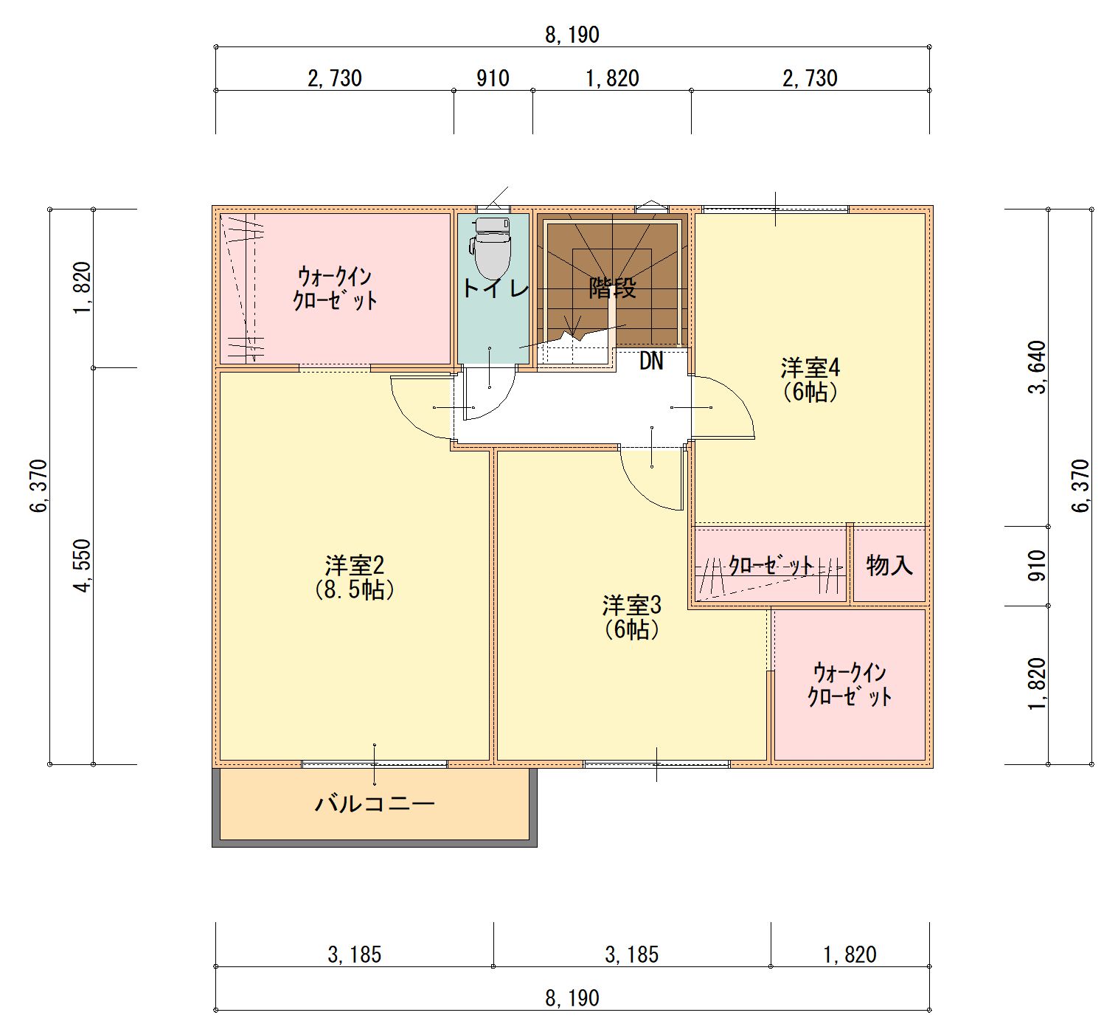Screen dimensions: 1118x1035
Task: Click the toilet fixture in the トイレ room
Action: [x=490, y=247]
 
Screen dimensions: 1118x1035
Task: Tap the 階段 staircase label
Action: [x=613, y=288]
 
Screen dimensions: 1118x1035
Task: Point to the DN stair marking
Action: [x=651, y=361]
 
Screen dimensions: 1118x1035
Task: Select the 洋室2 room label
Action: [x=355, y=564]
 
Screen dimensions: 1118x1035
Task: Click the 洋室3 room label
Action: [x=631, y=606]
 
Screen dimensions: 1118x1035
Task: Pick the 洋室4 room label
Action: [x=810, y=367]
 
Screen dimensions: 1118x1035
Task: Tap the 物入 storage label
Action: [x=889, y=565]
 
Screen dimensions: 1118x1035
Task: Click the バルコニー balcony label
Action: [x=375, y=803]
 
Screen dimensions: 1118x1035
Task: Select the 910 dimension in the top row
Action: [x=493, y=78]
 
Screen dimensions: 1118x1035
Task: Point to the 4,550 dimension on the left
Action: [x=82, y=565]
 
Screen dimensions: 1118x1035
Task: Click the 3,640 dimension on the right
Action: [x=1037, y=367]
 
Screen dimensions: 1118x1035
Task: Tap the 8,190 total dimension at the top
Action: [x=572, y=35]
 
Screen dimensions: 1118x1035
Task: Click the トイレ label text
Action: [x=496, y=288]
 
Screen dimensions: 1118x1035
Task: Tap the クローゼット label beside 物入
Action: [x=771, y=565]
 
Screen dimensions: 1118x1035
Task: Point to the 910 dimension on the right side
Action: [x=1037, y=565]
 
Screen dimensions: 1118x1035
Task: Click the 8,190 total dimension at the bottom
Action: [x=572, y=998]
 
